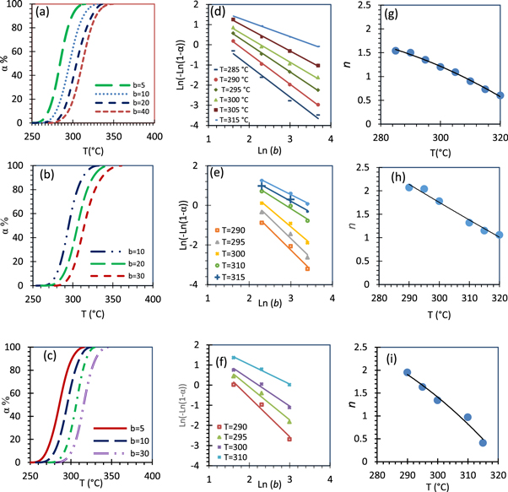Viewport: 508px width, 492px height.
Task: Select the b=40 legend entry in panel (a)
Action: [x=122, y=111]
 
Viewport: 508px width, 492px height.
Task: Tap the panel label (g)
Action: [x=386, y=14]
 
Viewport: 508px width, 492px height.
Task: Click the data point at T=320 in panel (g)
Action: [x=500, y=95]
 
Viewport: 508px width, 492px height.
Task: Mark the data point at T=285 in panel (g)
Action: [x=395, y=51]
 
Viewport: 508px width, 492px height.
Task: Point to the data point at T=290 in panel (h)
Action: [x=409, y=187]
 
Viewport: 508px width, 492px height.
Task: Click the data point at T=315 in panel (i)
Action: [x=483, y=443]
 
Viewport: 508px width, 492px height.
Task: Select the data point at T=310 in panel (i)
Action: [x=467, y=417]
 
